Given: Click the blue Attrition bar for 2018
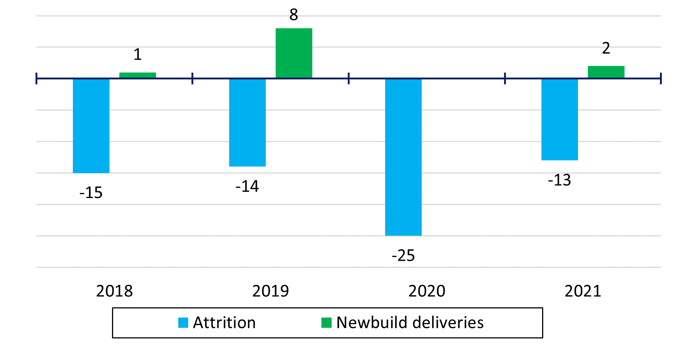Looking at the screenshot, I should pyautogui.click(x=91, y=125).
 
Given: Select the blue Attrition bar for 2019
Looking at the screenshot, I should pyautogui.click(x=247, y=122).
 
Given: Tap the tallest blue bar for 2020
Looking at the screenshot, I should pyautogui.click(x=403, y=157).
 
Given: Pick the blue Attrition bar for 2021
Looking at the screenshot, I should pyautogui.click(x=560, y=119).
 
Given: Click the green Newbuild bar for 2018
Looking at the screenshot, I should pyautogui.click(x=138, y=75).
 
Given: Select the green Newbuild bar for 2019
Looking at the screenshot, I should pyautogui.click(x=294, y=53).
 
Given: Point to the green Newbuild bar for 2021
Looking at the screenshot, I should pyautogui.click(x=606, y=72).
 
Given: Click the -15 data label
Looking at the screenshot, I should pyautogui.click(x=91, y=193).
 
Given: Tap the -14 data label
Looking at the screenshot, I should pyautogui.click(x=247, y=187).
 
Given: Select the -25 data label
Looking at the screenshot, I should pyautogui.click(x=403, y=255).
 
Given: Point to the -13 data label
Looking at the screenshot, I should pyautogui.click(x=560, y=180).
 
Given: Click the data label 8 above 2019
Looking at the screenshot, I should pyautogui.click(x=294, y=15).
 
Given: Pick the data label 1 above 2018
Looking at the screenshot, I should pyautogui.click(x=138, y=55).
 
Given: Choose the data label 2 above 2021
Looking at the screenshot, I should pyautogui.click(x=606, y=48).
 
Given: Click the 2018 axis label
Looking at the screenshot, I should pyautogui.click(x=115, y=291).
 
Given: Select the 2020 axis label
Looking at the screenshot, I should pyautogui.click(x=427, y=291).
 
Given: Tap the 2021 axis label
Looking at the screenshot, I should pyautogui.click(x=583, y=291).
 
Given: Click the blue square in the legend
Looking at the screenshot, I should pyautogui.click(x=183, y=323).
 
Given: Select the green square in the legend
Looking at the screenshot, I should pyautogui.click(x=326, y=323).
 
